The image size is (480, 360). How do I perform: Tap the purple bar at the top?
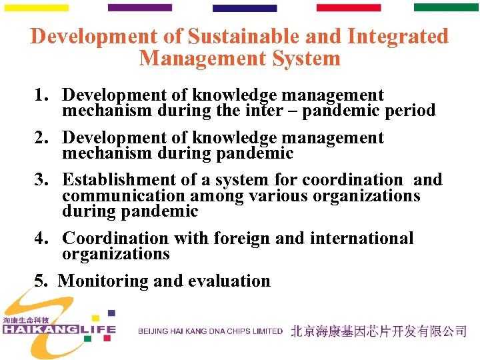coord(139,8)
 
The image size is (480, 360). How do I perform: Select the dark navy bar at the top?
coord(244,9)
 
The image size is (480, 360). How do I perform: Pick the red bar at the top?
coord(348,8)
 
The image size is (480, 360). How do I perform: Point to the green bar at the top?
coord(446,8)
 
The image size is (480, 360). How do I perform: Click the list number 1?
coord(41,96)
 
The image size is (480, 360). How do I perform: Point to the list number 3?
coord(41,180)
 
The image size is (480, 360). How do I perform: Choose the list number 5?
coord(41,281)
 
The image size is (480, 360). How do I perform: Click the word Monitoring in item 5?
coord(103,281)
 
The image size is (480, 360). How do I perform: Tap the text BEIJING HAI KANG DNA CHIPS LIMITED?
coord(210,331)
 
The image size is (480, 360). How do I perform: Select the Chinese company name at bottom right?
coord(378,331)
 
